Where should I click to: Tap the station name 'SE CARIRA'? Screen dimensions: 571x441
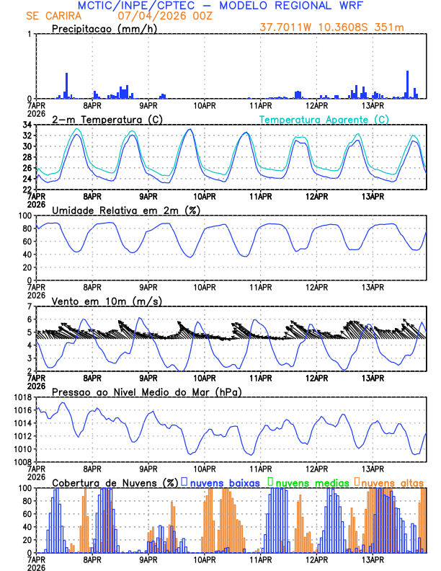[53, 16]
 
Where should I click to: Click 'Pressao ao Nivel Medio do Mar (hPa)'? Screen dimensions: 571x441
[147, 391]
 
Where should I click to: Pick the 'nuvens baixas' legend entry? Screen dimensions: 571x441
[224, 482]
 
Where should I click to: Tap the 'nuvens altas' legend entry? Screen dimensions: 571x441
[392, 482]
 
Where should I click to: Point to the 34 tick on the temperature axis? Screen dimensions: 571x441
[24, 125]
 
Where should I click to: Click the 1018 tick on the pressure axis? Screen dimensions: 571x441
[20, 397]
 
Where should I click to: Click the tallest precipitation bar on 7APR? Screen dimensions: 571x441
[66, 85]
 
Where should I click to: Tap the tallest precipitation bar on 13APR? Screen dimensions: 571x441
[407, 84]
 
